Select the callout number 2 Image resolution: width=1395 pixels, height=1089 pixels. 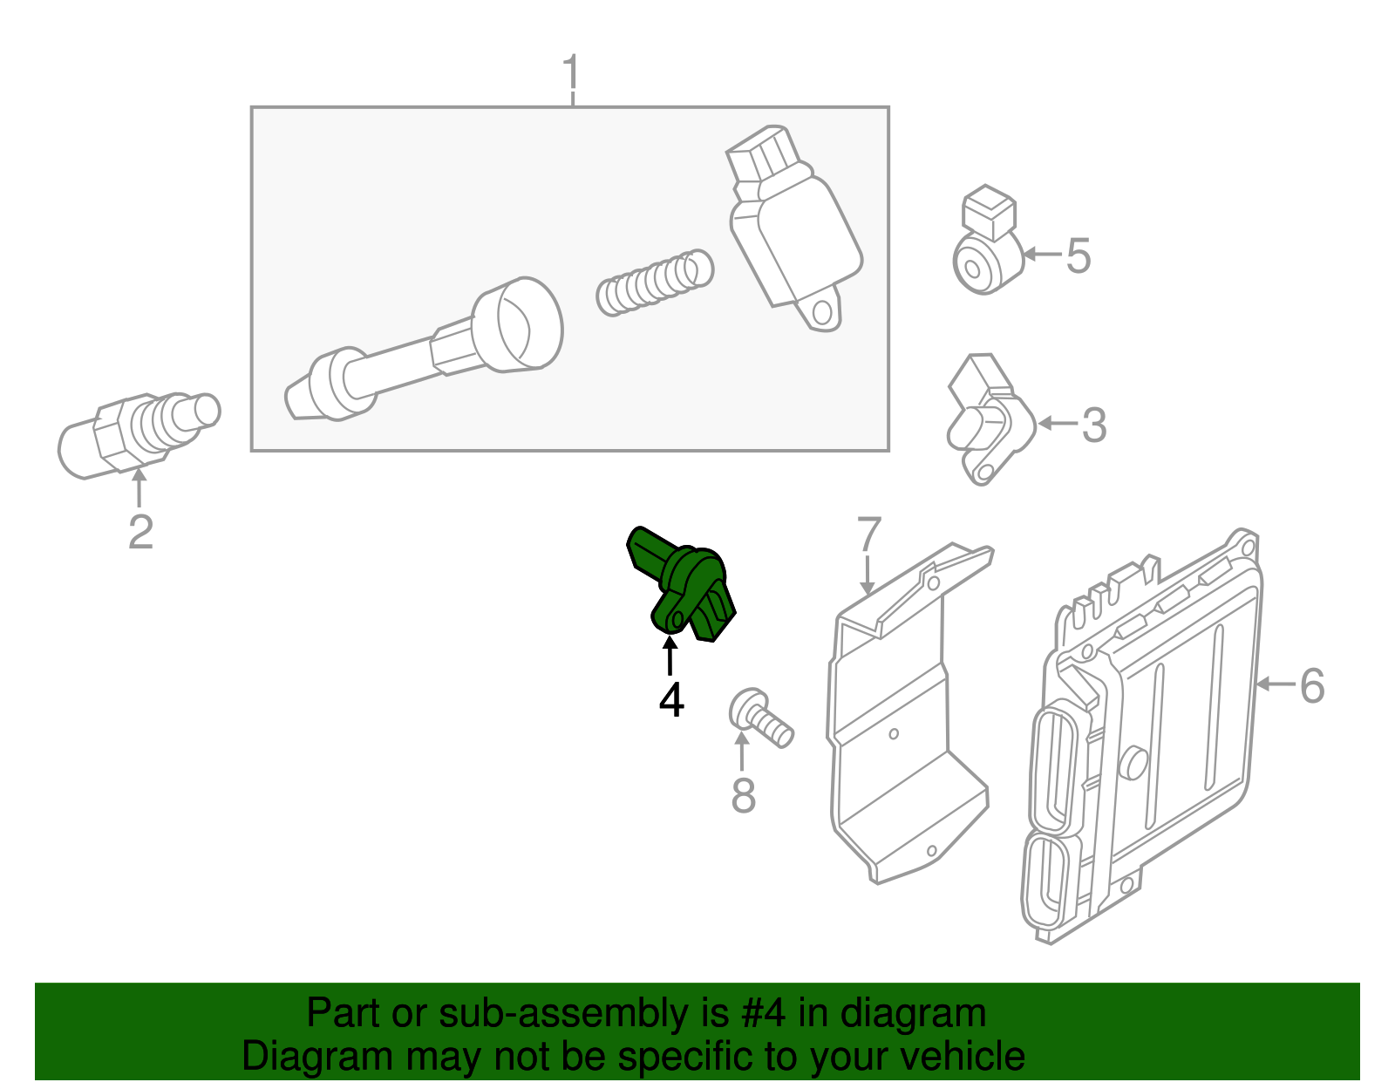(x=140, y=533)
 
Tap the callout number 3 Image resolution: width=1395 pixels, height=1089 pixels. (x=1093, y=425)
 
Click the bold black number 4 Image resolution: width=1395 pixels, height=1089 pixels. (x=671, y=700)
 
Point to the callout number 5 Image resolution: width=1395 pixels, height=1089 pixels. (x=1079, y=255)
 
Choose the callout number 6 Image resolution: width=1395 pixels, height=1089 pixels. (x=1311, y=685)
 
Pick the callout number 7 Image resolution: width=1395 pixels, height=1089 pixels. (x=868, y=534)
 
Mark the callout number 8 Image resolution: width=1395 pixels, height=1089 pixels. (x=743, y=795)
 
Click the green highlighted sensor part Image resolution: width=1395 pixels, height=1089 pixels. (x=684, y=585)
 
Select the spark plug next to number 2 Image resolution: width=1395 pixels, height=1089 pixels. (x=135, y=433)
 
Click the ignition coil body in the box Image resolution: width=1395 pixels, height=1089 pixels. (x=793, y=231)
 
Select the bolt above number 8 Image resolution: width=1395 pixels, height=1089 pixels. (x=760, y=718)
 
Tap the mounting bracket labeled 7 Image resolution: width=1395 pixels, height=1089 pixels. (x=898, y=724)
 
